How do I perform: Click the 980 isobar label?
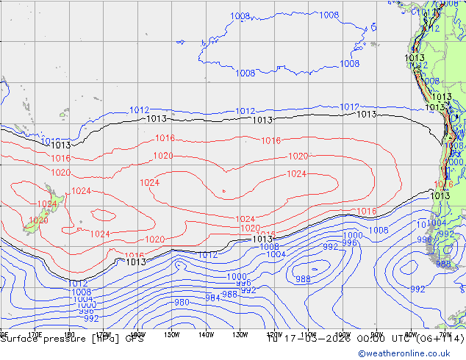[182, 303]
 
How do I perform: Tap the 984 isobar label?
[212, 298]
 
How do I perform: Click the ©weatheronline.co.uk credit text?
[411, 353]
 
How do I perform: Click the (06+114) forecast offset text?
[438, 339]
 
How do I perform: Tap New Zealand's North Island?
[55, 198]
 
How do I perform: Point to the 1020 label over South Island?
[38, 220]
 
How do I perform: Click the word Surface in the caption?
[18, 339]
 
